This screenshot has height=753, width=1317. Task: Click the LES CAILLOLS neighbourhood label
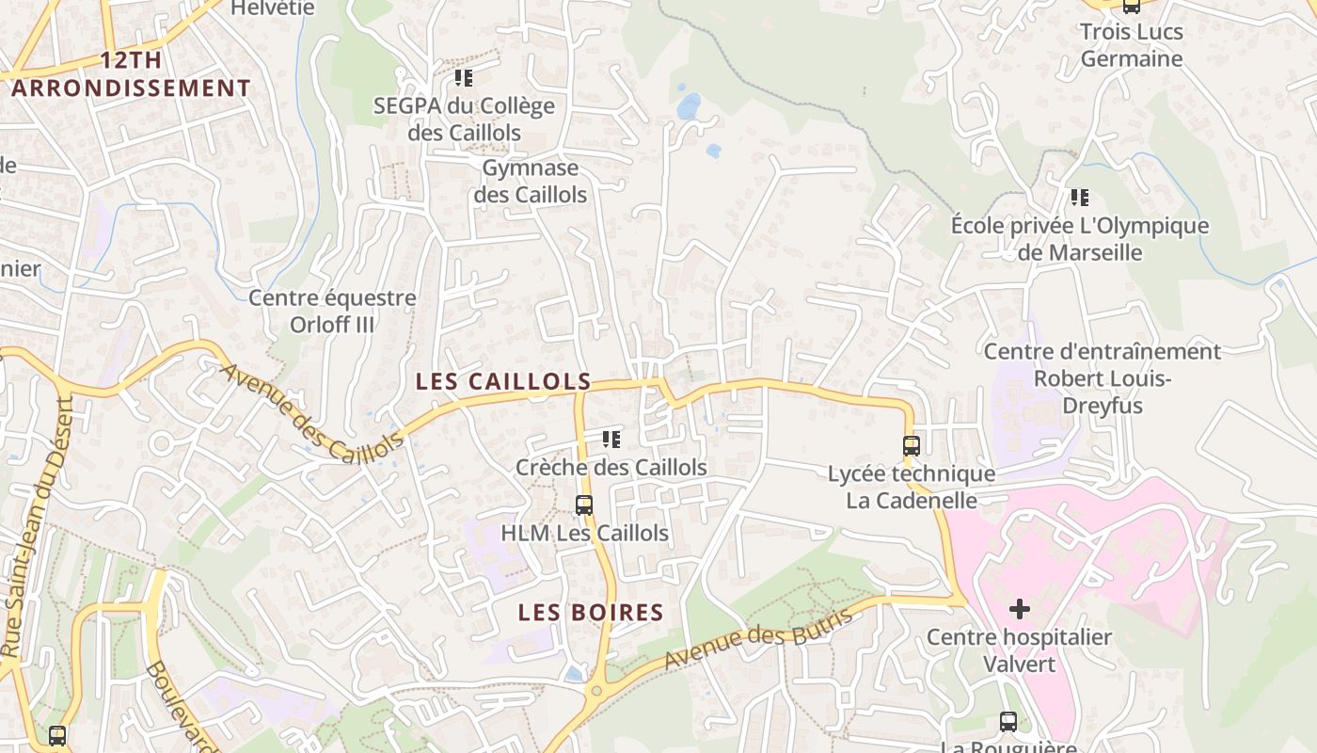(x=503, y=382)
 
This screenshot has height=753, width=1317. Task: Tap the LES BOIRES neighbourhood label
(x=591, y=613)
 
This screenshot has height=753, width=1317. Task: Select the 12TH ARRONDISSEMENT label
(x=131, y=74)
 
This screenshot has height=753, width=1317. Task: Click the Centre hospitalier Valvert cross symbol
(x=1019, y=609)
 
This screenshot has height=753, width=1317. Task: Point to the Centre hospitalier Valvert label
(x=1019, y=650)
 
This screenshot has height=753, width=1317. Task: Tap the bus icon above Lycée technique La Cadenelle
(x=911, y=446)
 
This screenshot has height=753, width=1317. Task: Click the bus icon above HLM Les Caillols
(x=584, y=505)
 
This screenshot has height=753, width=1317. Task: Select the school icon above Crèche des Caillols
(x=611, y=439)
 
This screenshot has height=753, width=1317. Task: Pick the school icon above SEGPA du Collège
(x=463, y=78)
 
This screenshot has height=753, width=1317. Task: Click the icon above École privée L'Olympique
(x=1080, y=198)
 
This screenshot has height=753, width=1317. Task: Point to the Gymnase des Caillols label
(x=530, y=182)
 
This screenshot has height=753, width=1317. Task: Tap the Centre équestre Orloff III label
(x=332, y=312)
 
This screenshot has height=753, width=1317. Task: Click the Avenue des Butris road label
(x=758, y=640)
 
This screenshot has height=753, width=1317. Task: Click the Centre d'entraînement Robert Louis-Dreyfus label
(x=1102, y=378)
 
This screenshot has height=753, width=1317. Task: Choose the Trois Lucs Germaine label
(x=1131, y=45)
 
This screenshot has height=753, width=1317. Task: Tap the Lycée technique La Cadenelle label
(x=911, y=487)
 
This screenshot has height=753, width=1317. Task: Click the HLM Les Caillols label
(x=584, y=533)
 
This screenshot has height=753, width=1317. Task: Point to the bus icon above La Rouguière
(x=1008, y=722)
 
